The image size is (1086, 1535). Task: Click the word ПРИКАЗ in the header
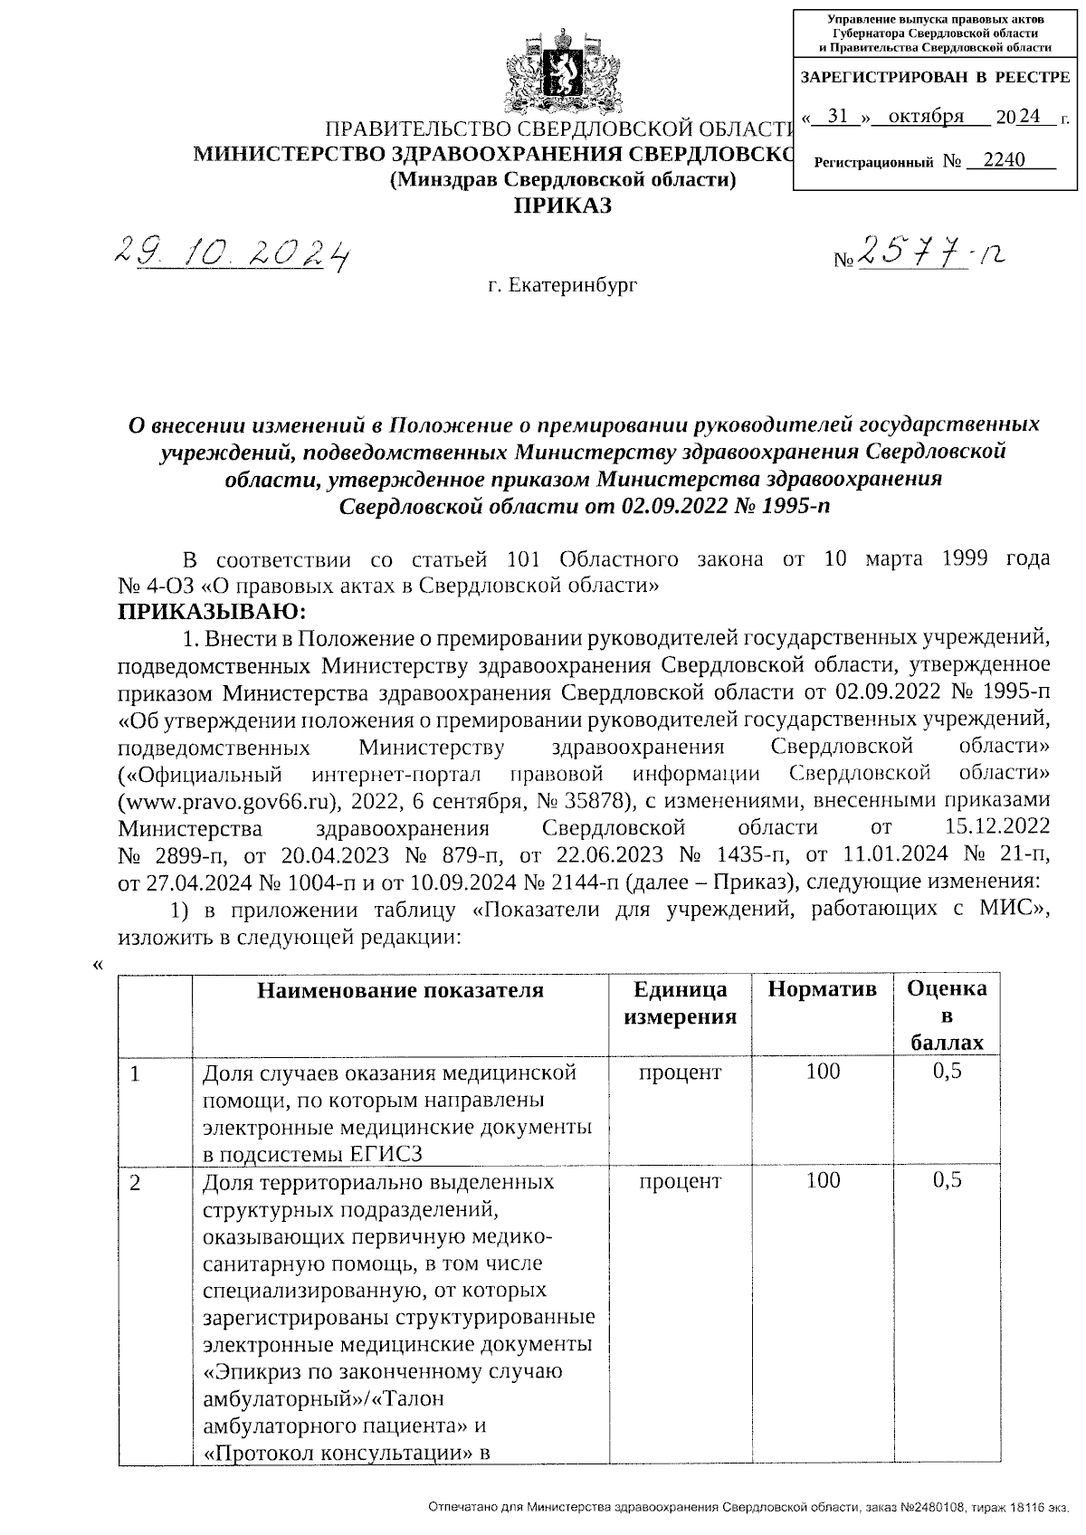[563, 206]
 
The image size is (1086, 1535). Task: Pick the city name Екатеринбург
[562, 287]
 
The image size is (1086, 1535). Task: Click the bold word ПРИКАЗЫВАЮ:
[212, 612]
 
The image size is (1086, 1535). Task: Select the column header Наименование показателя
[400, 990]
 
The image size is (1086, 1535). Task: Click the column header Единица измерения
[680, 1003]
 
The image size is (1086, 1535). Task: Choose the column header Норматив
[822, 990]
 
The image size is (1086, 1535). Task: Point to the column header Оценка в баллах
[947, 1015]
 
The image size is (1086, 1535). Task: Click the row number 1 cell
[135, 1075]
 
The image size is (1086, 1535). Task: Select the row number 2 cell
[135, 1183]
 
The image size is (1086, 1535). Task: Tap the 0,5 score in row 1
[947, 1073]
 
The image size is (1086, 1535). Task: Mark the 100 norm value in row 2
[823, 1180]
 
